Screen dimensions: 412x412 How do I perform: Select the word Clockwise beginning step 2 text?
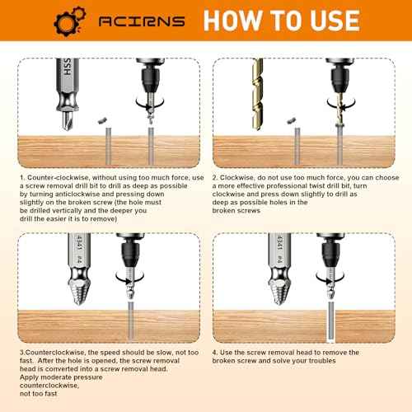[238, 176]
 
